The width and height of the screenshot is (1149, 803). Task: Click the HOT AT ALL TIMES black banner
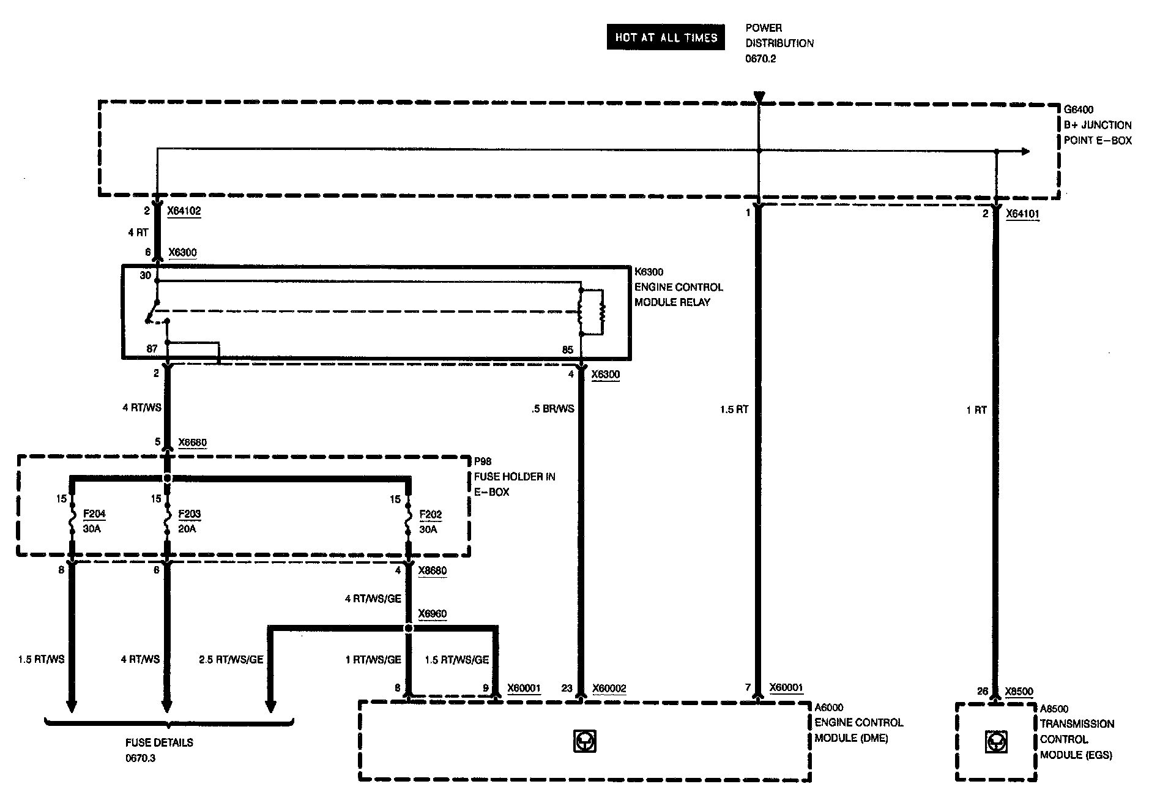(666, 37)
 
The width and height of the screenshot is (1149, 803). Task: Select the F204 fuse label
(94, 514)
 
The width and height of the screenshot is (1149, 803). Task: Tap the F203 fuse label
(190, 514)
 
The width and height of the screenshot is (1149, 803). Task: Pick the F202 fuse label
(431, 514)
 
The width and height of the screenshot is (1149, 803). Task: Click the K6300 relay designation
(649, 272)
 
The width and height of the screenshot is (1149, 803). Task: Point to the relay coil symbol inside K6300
(592, 312)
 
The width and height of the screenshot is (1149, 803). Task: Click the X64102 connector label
(184, 211)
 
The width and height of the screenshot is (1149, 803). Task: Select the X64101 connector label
(1022, 214)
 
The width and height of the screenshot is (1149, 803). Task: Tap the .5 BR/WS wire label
(553, 409)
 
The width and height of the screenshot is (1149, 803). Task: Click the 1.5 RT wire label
(734, 409)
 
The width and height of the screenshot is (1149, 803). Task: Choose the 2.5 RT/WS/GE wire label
(231, 659)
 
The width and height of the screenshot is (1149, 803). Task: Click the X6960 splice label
(432, 614)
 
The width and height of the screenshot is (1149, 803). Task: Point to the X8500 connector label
(1019, 692)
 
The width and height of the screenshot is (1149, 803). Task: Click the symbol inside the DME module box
(584, 742)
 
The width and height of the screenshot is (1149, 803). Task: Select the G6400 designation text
(1079, 110)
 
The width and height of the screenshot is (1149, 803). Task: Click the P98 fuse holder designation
(483, 461)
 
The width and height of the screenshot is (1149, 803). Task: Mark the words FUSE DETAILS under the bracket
(159, 742)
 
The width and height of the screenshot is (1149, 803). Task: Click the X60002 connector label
(609, 689)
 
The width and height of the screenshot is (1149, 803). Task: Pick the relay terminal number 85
(567, 350)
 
